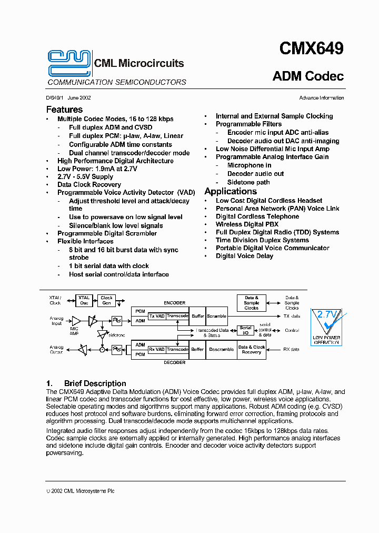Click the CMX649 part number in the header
click(x=311, y=49)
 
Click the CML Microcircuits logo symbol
click(x=69, y=63)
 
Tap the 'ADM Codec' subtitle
click(x=308, y=76)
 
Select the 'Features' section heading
click(x=64, y=110)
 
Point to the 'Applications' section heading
click(x=231, y=191)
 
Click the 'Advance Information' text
click(x=321, y=98)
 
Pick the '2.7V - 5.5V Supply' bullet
click(x=85, y=177)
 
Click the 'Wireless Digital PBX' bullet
click(x=247, y=224)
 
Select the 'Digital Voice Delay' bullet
click(x=244, y=256)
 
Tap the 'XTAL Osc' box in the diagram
click(x=84, y=300)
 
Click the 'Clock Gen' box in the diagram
click(x=107, y=300)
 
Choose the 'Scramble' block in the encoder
click(x=216, y=316)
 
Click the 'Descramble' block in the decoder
click(x=221, y=349)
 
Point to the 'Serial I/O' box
click(x=245, y=330)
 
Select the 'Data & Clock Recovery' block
click(x=252, y=349)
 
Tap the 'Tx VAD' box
click(x=157, y=316)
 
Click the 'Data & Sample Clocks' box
click(x=252, y=302)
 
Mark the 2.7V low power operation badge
click(x=326, y=327)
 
